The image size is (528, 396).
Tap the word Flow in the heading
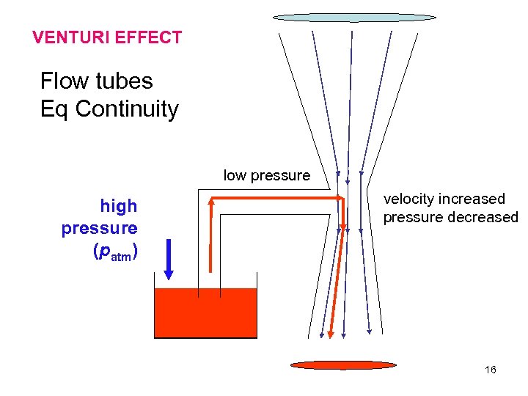62,81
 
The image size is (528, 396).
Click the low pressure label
266,175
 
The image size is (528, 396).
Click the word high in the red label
119,207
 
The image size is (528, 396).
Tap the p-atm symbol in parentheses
114,253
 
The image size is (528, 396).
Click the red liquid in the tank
205,314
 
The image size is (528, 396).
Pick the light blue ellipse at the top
354,17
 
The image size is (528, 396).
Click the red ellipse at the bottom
342,364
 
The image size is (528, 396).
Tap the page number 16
491,370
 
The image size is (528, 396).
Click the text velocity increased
444,199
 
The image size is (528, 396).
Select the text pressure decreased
450,218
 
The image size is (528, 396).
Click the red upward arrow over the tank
210,235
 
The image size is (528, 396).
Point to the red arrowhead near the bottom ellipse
330,334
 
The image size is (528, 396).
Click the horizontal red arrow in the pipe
279,198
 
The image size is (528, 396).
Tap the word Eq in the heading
55,109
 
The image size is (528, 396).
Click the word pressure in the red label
100,229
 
